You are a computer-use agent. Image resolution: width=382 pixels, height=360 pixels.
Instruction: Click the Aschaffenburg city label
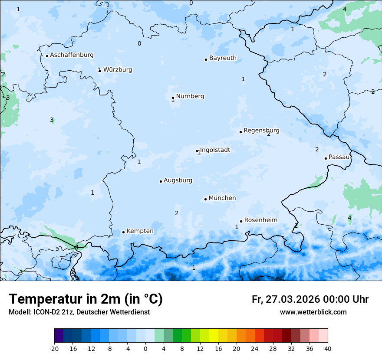tap(72, 55)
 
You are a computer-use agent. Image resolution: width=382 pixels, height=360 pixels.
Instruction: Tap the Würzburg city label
tap(118, 70)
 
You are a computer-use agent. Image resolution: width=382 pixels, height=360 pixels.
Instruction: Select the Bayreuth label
tap(223, 58)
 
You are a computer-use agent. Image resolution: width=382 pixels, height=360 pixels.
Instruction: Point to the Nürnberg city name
tap(190, 96)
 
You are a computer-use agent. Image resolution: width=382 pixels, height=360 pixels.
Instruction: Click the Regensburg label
tap(261, 131)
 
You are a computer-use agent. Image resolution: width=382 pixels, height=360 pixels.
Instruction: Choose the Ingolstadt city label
tap(215, 150)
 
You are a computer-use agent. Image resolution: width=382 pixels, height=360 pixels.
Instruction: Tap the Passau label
tap(339, 157)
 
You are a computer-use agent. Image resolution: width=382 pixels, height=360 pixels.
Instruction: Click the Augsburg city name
tap(178, 180)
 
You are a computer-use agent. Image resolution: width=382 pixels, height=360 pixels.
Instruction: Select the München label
tap(222, 198)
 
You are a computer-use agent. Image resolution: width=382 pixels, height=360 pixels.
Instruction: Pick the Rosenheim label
tap(260, 220)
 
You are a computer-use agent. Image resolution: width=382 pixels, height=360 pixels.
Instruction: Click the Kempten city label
tap(140, 231)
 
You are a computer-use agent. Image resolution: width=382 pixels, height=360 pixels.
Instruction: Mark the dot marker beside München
tap(205, 199)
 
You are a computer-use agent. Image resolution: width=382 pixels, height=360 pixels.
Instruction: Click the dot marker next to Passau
tap(326, 158)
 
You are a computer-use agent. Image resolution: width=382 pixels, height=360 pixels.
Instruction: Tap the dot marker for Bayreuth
tap(206, 59)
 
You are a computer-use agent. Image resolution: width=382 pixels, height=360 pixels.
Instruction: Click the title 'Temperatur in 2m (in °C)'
tap(86, 299)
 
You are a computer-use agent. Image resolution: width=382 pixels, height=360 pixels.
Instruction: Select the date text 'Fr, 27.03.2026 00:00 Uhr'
tap(310, 299)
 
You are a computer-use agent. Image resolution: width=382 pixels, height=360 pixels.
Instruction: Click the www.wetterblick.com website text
tap(313, 312)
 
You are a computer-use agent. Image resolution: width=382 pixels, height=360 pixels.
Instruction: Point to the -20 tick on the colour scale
tap(54, 349)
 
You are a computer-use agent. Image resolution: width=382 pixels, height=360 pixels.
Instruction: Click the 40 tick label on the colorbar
tap(328, 349)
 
